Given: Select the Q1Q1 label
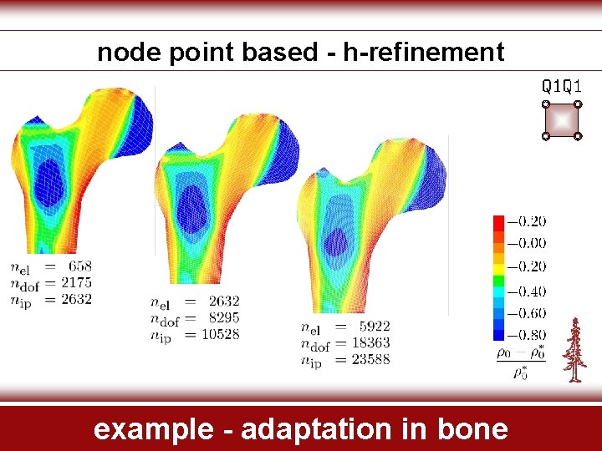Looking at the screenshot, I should (562, 86).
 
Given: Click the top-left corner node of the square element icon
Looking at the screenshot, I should (545, 105).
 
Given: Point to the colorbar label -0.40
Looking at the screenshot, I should (527, 291).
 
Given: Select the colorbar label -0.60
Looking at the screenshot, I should (527, 313).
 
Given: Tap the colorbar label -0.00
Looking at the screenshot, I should (527, 244).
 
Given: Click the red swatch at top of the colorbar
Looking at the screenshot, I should (498, 222).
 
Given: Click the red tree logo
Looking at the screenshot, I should (573, 350).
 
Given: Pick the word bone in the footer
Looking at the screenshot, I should (472, 429).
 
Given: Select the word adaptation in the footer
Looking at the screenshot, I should (296, 429).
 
